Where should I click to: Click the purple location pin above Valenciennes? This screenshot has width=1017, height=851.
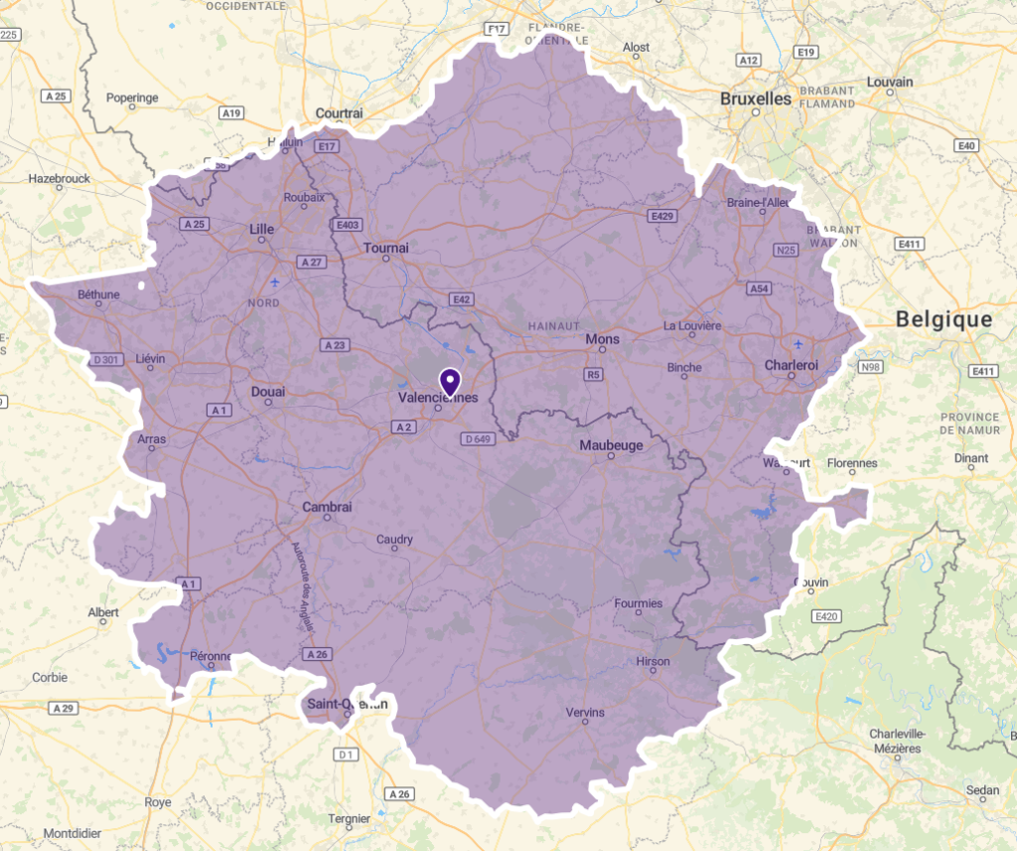point(449,381)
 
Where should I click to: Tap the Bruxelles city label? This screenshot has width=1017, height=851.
point(756,98)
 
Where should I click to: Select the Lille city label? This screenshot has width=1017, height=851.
point(261,229)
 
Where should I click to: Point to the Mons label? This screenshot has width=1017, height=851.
point(602,339)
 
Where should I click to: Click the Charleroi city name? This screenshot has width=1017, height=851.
point(791,365)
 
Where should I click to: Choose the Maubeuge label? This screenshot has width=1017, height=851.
point(611,445)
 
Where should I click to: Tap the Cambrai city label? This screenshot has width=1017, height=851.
point(327,507)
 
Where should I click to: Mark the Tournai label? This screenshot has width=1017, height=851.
point(386,247)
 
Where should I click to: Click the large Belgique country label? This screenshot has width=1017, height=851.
point(943,319)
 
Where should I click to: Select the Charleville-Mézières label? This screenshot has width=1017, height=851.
point(897,741)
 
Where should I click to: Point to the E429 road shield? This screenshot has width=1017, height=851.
point(661,216)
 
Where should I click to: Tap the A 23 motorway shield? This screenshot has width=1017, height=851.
point(334,345)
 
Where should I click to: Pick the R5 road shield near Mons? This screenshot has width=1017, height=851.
point(594,375)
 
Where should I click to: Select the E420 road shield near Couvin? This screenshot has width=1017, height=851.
point(825,617)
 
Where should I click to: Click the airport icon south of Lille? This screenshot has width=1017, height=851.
point(274,282)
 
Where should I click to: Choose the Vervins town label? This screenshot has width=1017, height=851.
point(584,712)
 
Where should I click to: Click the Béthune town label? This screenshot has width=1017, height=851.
point(98,294)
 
